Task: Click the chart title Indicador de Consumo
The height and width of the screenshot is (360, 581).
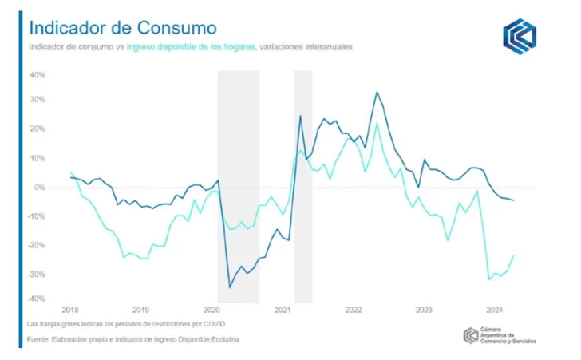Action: tap(122, 28)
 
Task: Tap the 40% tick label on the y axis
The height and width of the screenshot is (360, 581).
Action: tap(38, 74)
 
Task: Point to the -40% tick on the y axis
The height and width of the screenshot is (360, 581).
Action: tap(38, 299)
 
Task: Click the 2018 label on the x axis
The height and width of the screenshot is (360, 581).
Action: tap(70, 309)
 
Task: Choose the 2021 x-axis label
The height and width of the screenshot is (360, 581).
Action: tap(282, 309)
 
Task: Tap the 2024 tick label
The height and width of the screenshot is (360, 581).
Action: tap(494, 309)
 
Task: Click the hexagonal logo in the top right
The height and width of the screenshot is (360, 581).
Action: tap(520, 36)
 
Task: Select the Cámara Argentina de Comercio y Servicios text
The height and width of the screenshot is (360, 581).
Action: tap(510, 336)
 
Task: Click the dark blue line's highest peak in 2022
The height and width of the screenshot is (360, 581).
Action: tap(377, 92)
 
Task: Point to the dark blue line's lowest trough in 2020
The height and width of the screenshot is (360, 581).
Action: tap(230, 287)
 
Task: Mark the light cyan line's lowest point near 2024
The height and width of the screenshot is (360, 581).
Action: tap(488, 279)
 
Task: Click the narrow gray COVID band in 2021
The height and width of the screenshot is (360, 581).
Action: tap(303, 184)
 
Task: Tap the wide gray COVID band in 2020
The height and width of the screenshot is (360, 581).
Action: tap(239, 184)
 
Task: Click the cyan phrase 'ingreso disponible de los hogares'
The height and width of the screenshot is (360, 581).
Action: tap(192, 48)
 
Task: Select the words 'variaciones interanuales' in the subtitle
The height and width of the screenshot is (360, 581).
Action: tap(306, 48)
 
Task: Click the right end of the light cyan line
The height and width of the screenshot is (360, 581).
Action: tap(512, 255)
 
